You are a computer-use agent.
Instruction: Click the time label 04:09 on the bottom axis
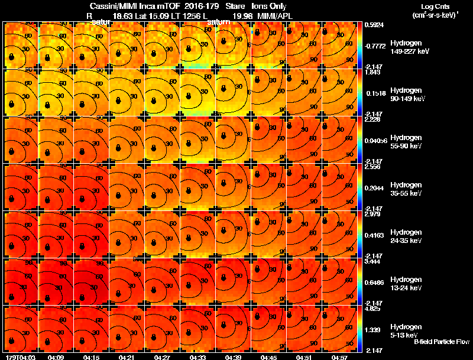(57, 358)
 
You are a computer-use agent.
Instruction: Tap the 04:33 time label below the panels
(198, 358)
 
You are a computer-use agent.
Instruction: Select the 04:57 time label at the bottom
(339, 358)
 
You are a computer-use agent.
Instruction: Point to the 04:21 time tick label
(127, 358)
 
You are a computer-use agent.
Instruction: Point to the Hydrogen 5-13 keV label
(407, 330)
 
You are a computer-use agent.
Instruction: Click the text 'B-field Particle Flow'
(442, 342)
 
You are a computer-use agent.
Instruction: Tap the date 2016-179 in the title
(200, 5)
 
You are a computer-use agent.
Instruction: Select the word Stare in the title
(235, 5)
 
